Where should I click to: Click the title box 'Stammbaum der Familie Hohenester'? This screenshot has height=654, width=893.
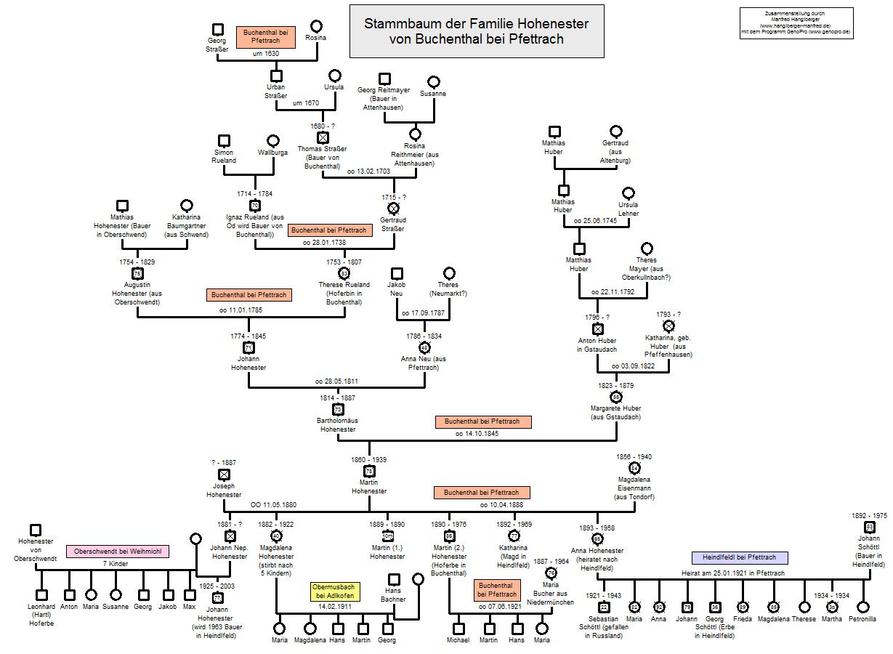[x=476, y=31]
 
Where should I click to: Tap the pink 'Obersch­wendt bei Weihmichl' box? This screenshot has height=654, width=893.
[x=118, y=552]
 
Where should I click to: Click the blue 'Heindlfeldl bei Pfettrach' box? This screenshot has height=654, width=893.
[x=739, y=557]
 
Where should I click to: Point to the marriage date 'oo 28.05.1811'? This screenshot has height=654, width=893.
[x=336, y=381]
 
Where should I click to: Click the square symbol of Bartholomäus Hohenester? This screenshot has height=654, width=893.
[x=338, y=410]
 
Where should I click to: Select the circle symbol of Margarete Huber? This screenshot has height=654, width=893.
[x=616, y=397]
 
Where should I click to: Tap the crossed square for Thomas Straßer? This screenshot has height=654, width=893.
[x=323, y=137]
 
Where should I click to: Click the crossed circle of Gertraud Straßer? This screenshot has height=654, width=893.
[x=394, y=209]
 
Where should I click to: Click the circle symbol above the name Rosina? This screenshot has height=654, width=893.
[x=315, y=26]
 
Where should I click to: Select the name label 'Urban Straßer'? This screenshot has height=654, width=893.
[x=276, y=92]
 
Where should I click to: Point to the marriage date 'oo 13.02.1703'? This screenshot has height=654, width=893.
[x=369, y=171]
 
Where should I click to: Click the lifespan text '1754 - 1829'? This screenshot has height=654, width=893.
[x=137, y=262]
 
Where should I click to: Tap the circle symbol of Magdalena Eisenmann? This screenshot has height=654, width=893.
[x=634, y=468]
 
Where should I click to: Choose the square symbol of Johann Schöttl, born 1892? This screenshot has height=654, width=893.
[x=869, y=527]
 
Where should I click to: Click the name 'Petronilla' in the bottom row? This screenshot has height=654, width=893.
[x=862, y=619]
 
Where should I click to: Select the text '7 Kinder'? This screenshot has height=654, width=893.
[x=116, y=565]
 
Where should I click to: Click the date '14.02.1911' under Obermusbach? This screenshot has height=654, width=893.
[x=334, y=606]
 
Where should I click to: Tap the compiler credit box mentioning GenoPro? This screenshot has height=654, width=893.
[x=796, y=23]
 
